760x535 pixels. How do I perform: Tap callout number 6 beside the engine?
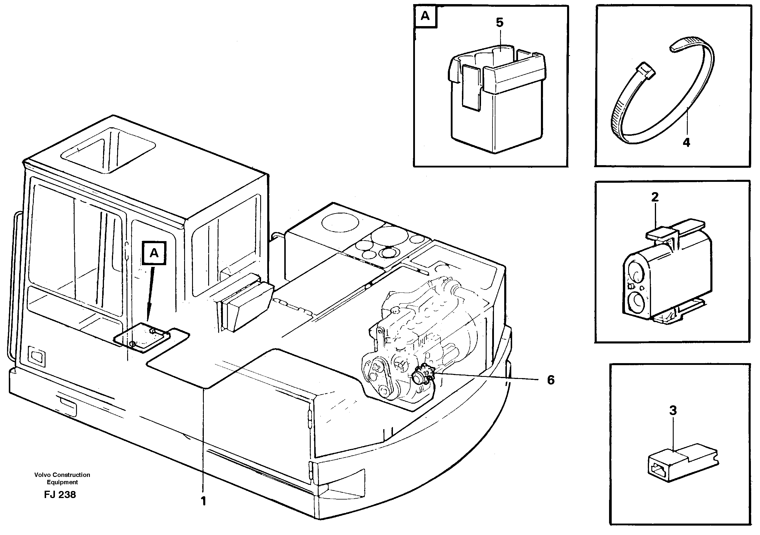550,380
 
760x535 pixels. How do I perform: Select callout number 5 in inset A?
500,23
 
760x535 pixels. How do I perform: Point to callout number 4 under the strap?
686,143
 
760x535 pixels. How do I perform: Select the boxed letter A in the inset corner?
425,16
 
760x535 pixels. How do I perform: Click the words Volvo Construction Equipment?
62,478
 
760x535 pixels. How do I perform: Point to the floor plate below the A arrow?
142,337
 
